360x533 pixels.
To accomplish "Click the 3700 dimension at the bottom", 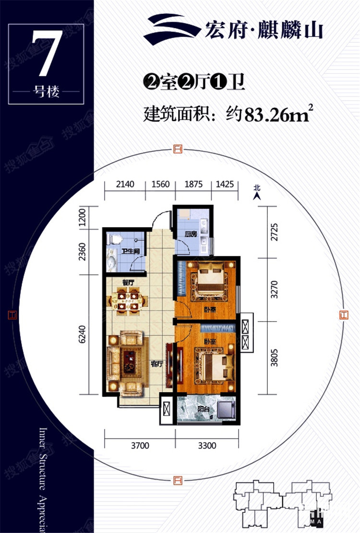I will (140, 446).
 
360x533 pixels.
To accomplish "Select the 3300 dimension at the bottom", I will (207, 446).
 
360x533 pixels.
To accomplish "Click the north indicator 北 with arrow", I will (257, 192).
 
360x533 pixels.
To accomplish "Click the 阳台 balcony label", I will (203, 410).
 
